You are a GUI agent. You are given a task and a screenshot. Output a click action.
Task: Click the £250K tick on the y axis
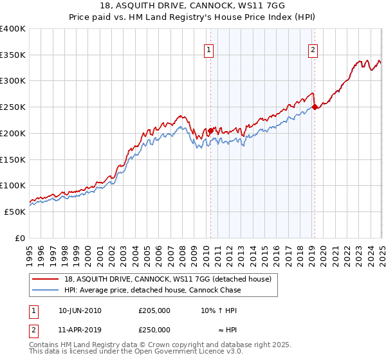[x=13, y=107]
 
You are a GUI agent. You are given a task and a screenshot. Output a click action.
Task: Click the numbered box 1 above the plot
[x=210, y=51]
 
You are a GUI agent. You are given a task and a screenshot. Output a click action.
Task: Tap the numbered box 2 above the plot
[x=313, y=51]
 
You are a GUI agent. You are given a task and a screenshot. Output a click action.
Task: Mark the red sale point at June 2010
[x=210, y=130]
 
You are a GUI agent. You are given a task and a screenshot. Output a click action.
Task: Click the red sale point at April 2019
[x=315, y=107]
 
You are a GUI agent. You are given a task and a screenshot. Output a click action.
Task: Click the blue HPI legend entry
[x=152, y=290]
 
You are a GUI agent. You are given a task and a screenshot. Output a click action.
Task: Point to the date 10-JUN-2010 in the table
[x=80, y=310]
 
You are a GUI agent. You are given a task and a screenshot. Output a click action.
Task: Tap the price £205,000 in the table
[x=154, y=310]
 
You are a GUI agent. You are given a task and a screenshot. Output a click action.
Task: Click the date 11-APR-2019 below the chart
[x=80, y=330]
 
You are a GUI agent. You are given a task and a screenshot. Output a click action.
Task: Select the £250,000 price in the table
[x=154, y=330]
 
